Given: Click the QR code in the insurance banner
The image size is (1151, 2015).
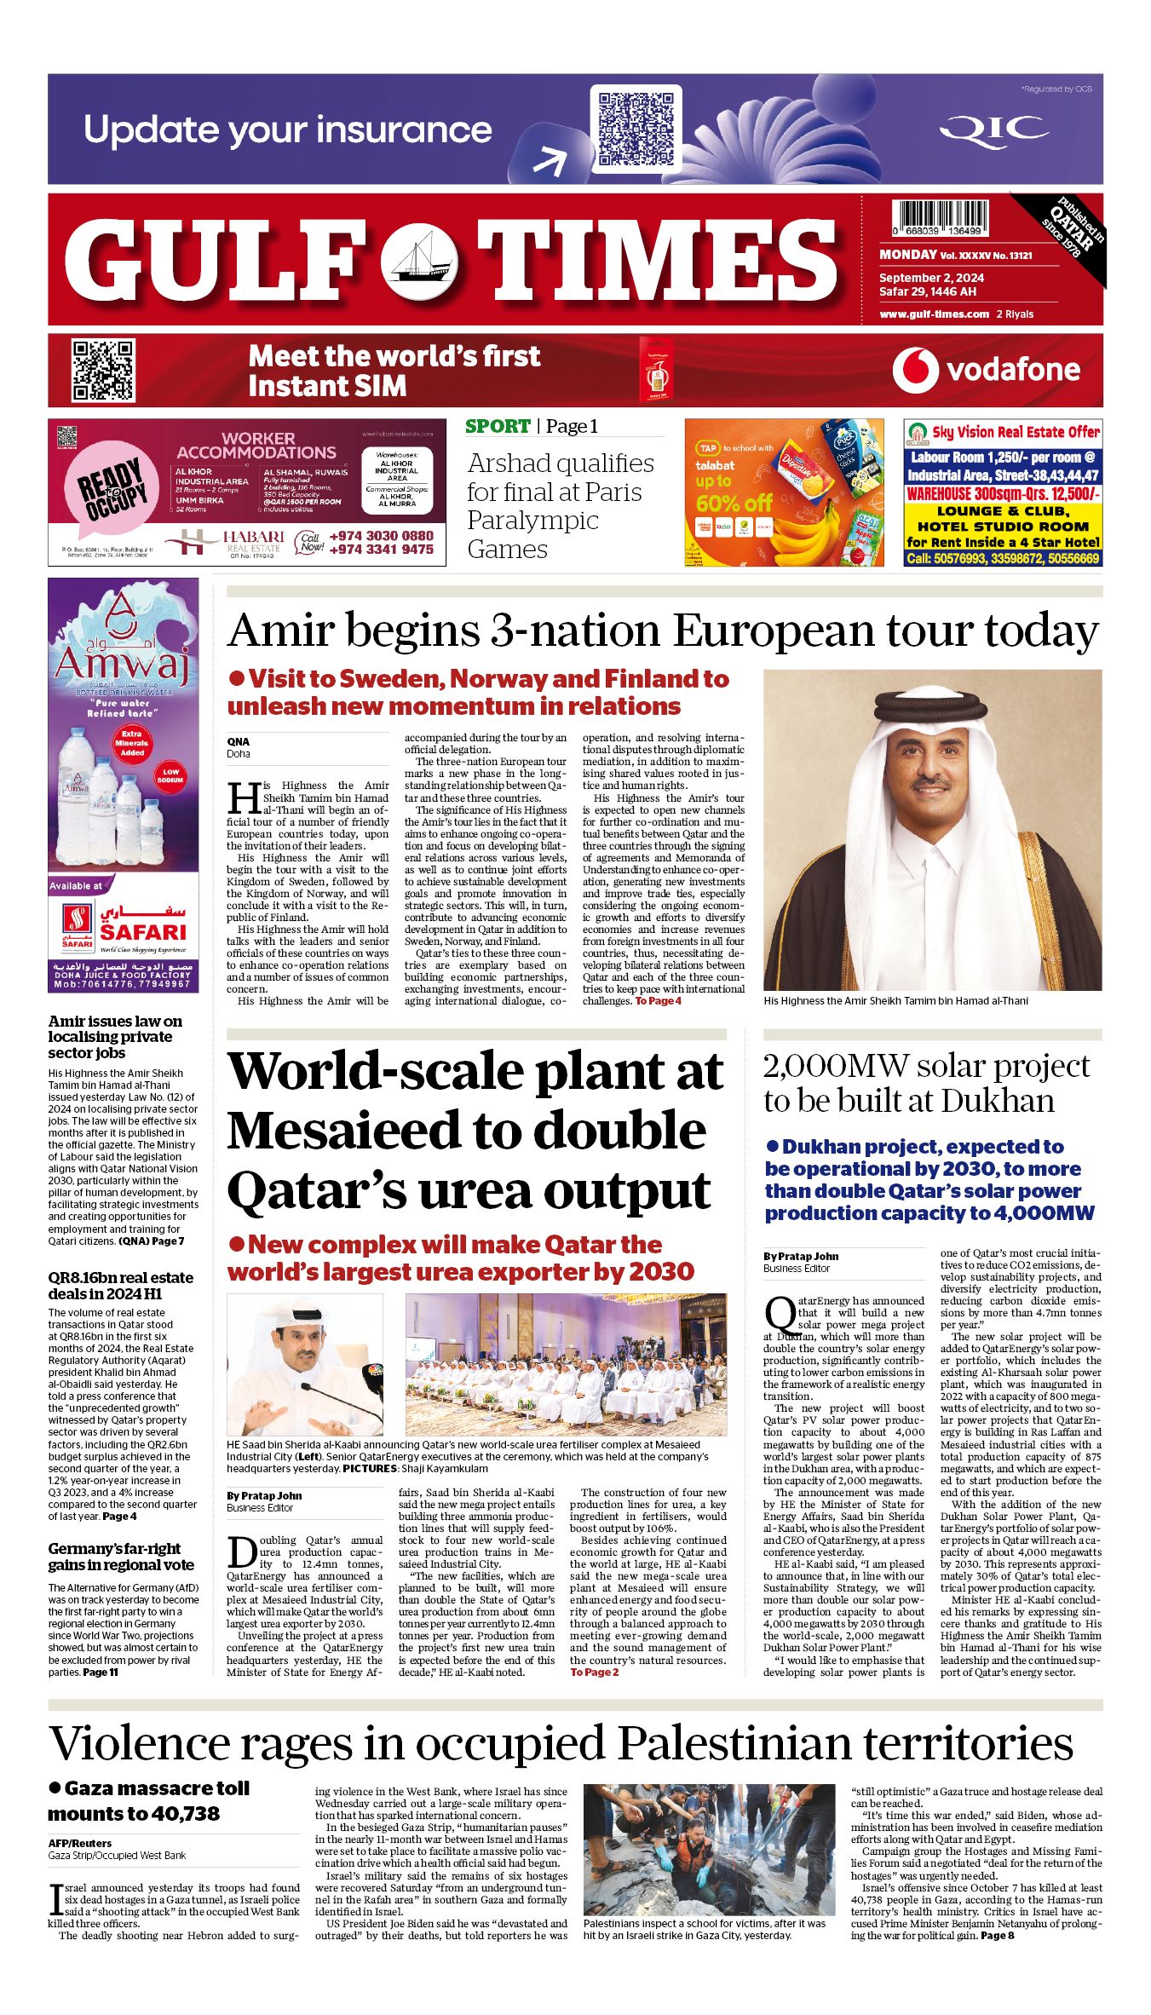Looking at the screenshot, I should click(x=636, y=129).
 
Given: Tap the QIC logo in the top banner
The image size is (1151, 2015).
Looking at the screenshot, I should click(x=993, y=130).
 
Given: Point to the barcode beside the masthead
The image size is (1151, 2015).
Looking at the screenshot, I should click(x=941, y=217).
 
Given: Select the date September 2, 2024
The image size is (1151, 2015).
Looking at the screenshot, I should click(x=931, y=278).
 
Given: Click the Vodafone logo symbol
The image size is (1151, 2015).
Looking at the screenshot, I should click(x=915, y=371).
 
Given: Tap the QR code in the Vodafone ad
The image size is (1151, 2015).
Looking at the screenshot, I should click(x=102, y=371).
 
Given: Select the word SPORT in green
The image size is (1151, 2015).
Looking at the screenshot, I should click(x=498, y=426).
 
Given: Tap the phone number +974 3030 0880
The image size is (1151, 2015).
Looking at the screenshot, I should click(x=381, y=536).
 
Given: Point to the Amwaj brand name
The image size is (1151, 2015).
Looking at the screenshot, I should click(x=122, y=663).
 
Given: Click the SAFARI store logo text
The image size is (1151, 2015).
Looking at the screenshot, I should click(x=142, y=932).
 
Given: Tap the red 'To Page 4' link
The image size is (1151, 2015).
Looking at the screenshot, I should click(x=658, y=1001).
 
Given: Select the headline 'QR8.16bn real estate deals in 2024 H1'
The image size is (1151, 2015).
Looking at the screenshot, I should click(x=120, y=1286).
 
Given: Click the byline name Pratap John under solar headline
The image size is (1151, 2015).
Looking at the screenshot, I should click(x=809, y=1256).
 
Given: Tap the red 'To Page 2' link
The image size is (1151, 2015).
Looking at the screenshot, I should click(x=595, y=1672).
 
